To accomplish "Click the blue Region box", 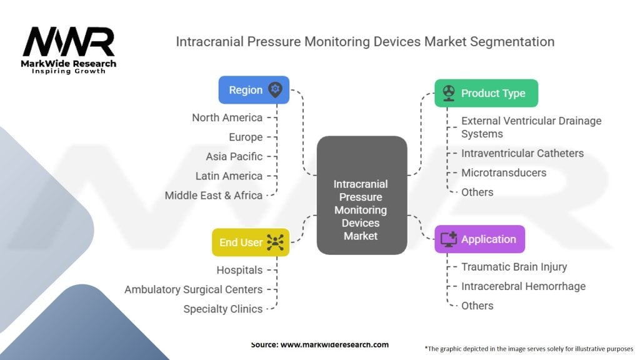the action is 254,90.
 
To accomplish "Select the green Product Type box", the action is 486,93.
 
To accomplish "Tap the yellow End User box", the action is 251,242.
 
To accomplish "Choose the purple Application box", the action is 479,239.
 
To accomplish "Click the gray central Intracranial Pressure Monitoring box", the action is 362,196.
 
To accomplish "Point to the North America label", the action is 227,117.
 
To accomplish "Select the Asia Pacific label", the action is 234,156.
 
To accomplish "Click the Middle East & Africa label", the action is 214,196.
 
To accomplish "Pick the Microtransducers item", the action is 504,172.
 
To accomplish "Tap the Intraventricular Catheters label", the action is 522,153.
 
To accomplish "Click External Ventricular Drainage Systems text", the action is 531,127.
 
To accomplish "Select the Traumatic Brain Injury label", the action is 514,267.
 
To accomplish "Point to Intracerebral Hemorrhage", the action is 523,286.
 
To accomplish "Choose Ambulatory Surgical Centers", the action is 194,289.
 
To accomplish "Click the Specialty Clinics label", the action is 223,309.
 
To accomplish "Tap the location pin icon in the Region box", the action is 275,89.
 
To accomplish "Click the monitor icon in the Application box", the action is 449,239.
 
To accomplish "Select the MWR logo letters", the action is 69,42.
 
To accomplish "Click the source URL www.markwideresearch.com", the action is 334,344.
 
